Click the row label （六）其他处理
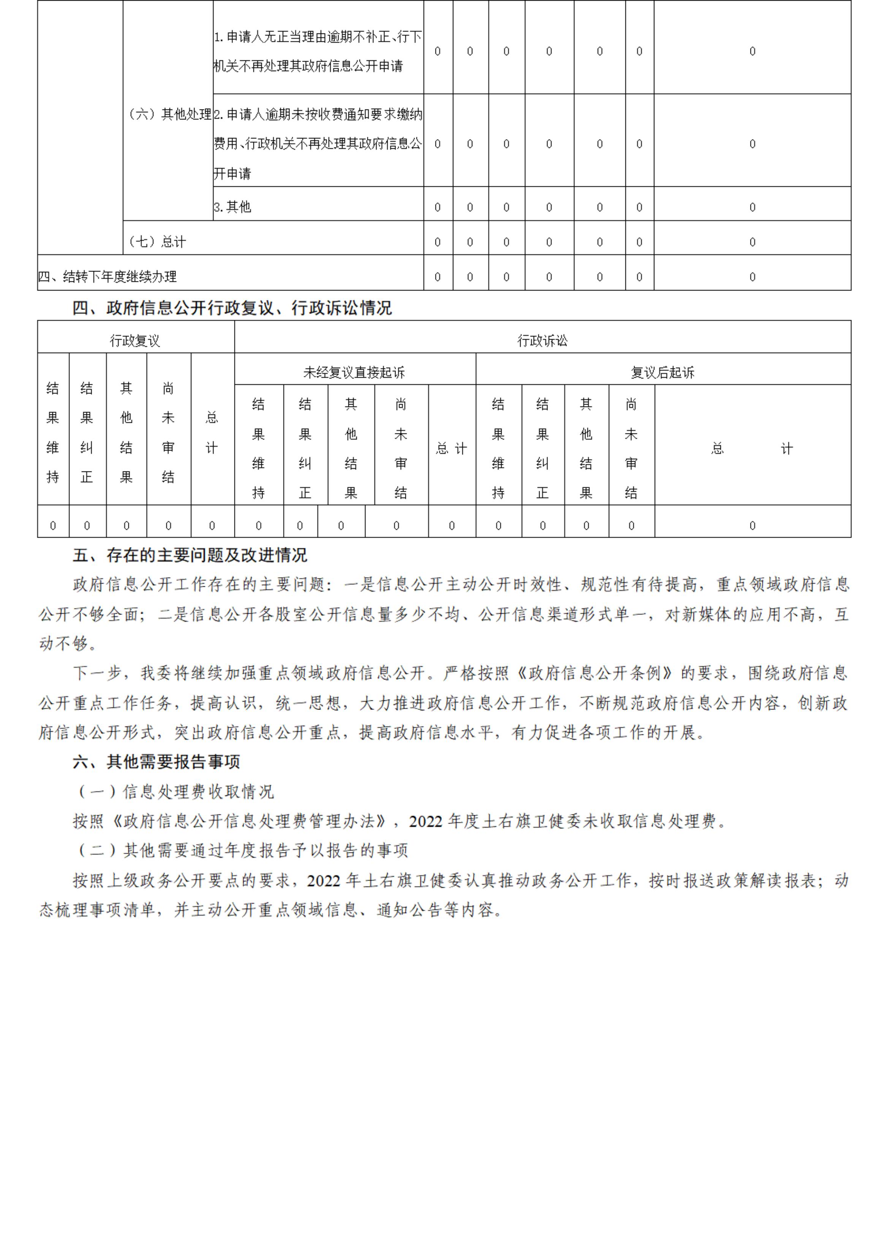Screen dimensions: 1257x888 [x=168, y=114]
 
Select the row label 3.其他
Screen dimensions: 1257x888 [x=233, y=207]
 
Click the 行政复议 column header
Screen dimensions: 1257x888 [x=135, y=341]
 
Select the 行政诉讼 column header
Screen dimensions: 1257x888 [x=542, y=341]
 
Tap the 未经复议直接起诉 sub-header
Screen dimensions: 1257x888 [x=354, y=372]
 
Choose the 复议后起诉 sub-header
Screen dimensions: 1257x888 [x=663, y=372]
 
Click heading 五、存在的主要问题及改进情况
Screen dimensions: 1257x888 [x=190, y=555]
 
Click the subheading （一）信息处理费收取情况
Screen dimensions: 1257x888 [x=176, y=792]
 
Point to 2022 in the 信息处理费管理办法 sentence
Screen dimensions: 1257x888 [x=426, y=821]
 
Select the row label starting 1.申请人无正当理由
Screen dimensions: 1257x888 [x=317, y=51]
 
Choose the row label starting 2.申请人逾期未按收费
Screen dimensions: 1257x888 [x=317, y=143]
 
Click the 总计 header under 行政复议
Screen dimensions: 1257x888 [x=212, y=433]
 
